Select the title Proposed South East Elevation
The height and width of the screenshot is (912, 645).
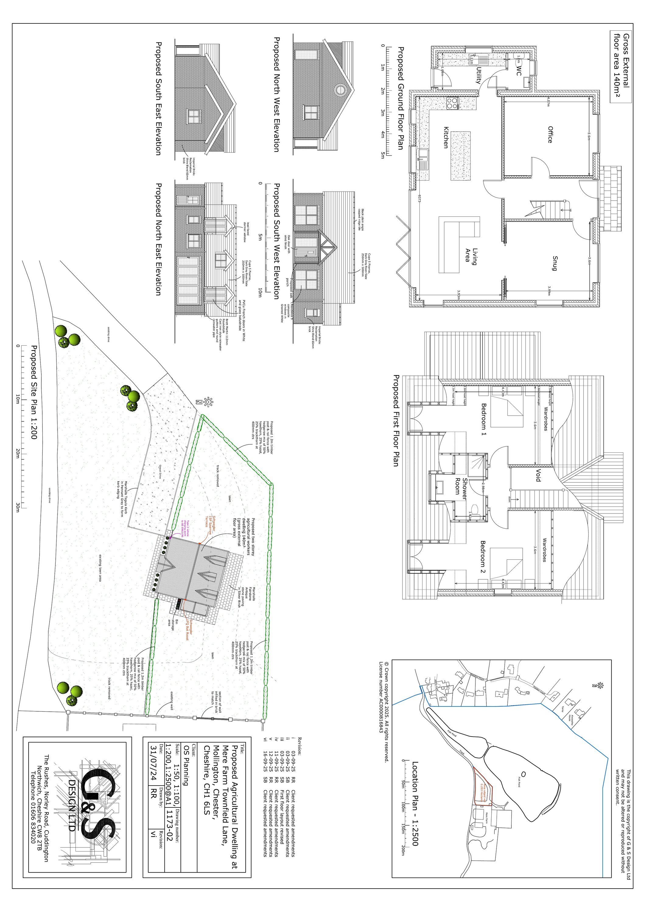158,98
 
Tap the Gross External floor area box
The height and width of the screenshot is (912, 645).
621,67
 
